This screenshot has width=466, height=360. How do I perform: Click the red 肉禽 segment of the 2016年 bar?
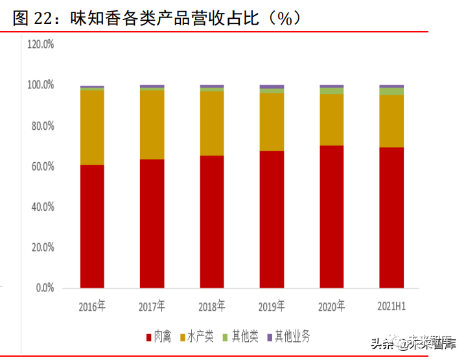point(92,226)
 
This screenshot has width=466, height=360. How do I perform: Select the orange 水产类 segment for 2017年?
point(152,125)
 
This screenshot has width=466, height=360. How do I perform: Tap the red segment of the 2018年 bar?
point(212,222)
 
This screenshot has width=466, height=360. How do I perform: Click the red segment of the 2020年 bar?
point(331,217)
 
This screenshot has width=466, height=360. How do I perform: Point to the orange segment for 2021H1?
point(391,121)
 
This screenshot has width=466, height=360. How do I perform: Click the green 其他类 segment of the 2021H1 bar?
point(391,91)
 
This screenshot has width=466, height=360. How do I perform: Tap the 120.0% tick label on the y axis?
point(40,44)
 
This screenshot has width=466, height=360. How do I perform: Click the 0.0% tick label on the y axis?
point(44,288)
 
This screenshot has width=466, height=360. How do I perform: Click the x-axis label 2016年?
point(92,306)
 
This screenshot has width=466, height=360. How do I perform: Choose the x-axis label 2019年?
point(272,306)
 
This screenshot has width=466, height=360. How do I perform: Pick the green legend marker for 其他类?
point(225,337)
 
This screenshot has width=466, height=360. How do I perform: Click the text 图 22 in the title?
point(32,18)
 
